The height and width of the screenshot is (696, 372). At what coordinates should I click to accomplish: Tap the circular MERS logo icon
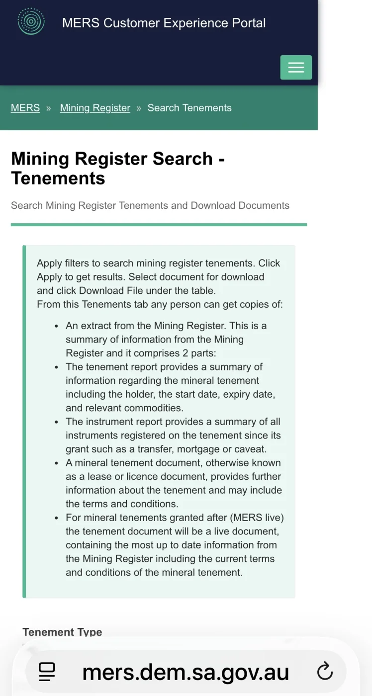[x=31, y=22]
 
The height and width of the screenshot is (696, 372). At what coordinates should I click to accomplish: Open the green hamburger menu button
[x=296, y=68]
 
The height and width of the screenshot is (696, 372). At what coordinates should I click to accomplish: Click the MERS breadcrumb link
[x=25, y=108]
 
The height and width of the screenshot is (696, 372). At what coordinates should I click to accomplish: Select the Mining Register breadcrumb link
[x=95, y=108]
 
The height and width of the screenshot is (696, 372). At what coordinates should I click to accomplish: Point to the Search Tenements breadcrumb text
[x=189, y=108]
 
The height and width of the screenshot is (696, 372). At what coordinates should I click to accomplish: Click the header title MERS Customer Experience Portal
[x=164, y=23]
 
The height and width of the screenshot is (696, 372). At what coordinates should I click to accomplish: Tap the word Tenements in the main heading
[x=58, y=178]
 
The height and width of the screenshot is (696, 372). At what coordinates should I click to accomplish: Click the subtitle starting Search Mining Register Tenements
[x=150, y=205]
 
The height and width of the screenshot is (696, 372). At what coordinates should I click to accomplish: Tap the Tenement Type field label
[x=62, y=632]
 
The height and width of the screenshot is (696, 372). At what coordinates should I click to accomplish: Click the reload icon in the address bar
[x=325, y=672]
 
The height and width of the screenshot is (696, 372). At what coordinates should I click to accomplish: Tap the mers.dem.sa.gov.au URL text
[x=186, y=672]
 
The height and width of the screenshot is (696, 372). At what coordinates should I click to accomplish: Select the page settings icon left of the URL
[x=47, y=672]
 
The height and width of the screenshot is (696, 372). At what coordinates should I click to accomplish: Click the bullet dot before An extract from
[x=57, y=326]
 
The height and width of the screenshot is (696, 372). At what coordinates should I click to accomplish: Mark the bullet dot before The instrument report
[x=57, y=422]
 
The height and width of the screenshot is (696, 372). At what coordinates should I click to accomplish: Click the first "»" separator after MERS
[x=49, y=108]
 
